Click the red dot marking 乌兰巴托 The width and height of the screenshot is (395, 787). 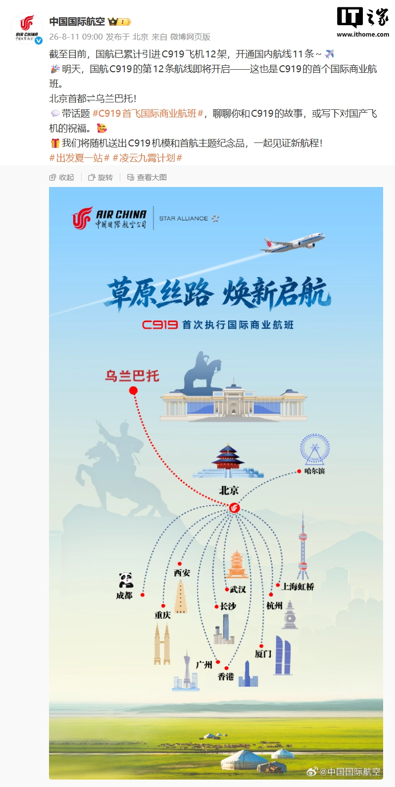133,390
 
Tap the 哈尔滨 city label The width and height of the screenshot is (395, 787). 314,471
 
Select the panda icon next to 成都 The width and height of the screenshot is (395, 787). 126,580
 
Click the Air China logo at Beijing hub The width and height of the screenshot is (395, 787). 235,508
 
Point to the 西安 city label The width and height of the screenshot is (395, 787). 182,573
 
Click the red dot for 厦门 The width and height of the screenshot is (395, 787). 261,646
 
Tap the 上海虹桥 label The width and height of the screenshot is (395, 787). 298,586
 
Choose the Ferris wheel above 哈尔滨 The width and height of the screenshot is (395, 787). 314,450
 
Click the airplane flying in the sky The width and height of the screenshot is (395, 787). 293,242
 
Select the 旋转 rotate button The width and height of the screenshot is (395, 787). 100,178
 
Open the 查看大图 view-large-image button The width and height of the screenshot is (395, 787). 147,178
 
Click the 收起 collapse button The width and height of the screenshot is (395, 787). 61,178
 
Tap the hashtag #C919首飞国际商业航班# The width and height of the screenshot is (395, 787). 148,113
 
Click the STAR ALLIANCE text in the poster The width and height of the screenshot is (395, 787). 184,219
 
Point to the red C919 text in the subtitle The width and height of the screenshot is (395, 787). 160,324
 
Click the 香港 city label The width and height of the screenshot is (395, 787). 226,676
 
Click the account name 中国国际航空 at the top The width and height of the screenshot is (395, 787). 77,22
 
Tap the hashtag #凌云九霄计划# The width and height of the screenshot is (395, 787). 147,158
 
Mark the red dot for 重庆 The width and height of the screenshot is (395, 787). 163,606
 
